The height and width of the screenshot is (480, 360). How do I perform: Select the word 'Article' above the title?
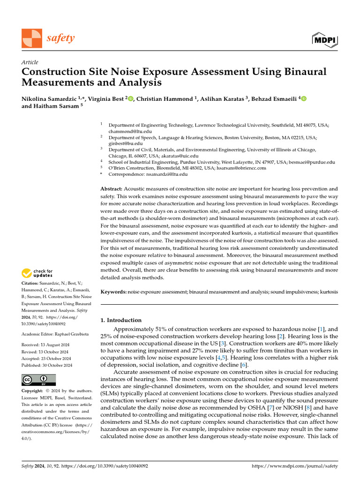(x=30, y=62)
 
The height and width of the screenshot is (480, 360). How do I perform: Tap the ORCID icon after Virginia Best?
(x=131, y=98)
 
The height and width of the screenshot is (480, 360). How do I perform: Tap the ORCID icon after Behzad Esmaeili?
(x=304, y=98)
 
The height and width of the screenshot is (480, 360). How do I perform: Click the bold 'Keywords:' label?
(x=114, y=292)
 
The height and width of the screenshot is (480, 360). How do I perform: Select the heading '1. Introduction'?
(x=121, y=320)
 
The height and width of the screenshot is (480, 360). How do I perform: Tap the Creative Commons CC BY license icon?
(x=38, y=380)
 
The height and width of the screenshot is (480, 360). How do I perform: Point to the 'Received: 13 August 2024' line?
(x=44, y=345)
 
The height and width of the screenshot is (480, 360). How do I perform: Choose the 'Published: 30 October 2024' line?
(x=47, y=365)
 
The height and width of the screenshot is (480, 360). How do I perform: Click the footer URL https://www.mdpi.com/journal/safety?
(x=294, y=466)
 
